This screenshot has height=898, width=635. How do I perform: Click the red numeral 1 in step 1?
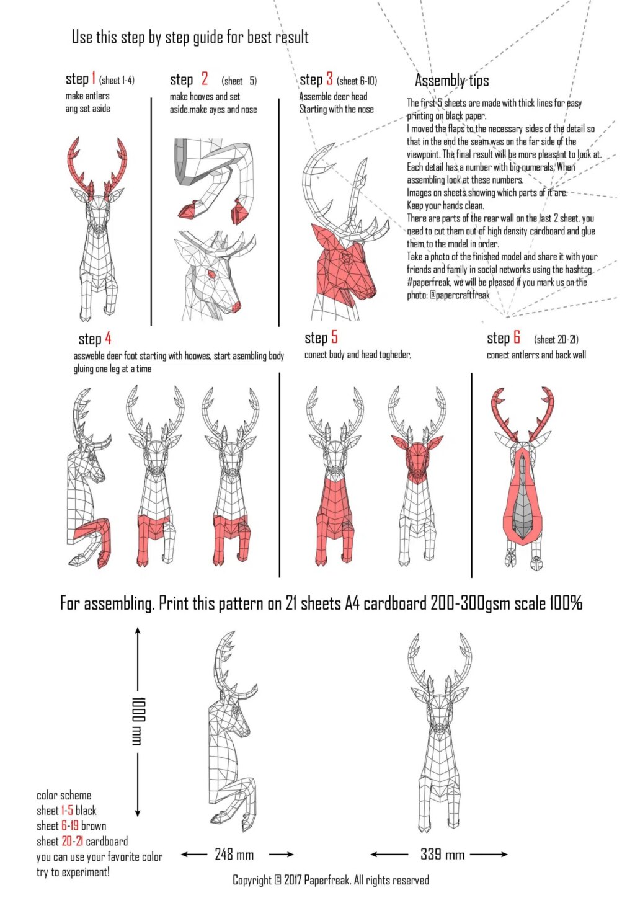point(94,78)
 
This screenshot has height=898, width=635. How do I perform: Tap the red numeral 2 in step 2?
point(204,79)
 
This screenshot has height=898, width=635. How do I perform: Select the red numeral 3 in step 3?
point(329,79)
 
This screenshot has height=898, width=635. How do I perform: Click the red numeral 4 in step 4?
point(108,338)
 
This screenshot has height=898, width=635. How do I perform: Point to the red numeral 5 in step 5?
point(334,337)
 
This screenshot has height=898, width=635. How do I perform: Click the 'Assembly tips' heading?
point(451,81)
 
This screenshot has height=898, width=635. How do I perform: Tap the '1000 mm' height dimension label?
point(137,721)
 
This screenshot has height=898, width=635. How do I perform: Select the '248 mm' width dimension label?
point(234,855)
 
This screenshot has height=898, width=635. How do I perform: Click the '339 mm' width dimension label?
point(442,855)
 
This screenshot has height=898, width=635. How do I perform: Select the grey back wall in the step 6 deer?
point(523,496)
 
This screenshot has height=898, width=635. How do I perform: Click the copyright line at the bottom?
point(331,880)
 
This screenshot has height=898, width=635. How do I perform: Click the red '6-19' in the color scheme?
point(69,826)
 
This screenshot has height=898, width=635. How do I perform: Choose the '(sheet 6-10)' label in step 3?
point(357,81)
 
